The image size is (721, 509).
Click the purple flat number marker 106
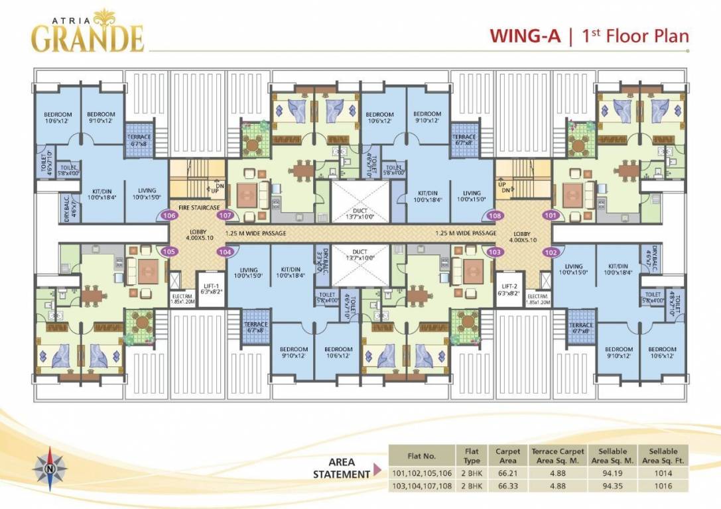169,215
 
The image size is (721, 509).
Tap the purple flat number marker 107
226,215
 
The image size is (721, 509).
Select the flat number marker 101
550,215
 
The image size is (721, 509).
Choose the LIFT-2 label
509,289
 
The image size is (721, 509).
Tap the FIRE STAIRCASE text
198,207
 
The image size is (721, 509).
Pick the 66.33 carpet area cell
507,485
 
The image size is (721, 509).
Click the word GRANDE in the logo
88,39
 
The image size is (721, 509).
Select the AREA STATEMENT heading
342,468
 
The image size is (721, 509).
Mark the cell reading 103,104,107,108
421,485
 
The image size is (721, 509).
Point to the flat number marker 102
551,252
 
